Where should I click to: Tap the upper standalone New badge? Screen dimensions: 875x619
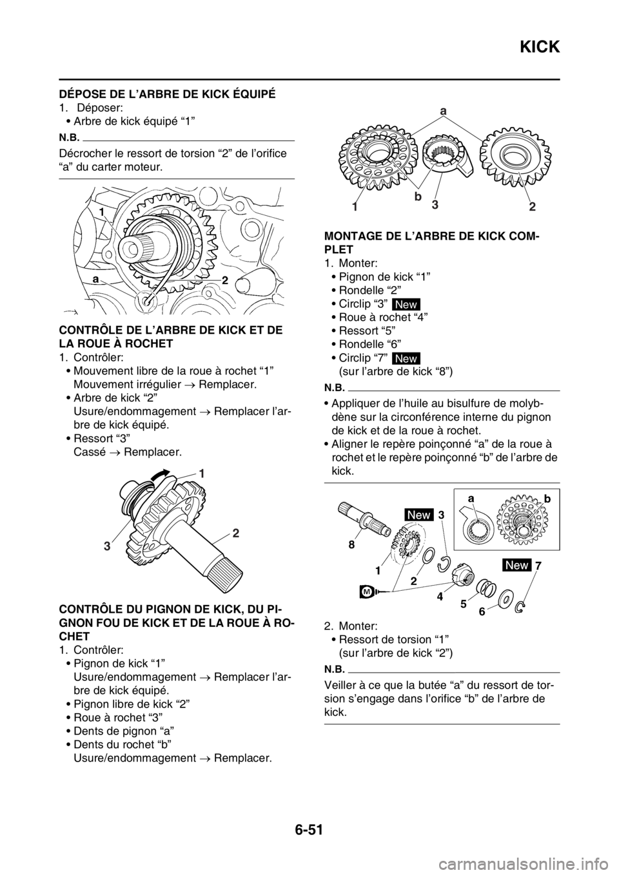point(406,305)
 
